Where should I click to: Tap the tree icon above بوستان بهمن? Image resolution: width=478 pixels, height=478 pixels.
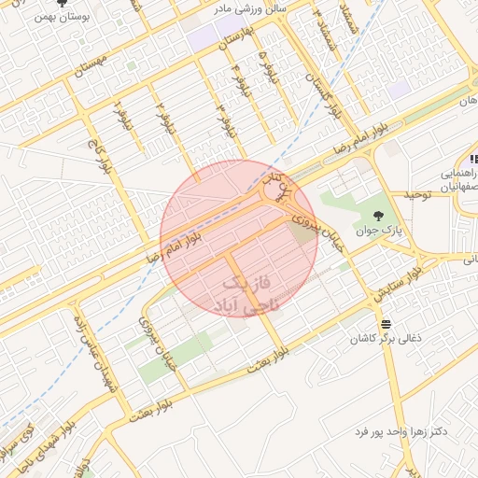pyautogui.click(x=62, y=4)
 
